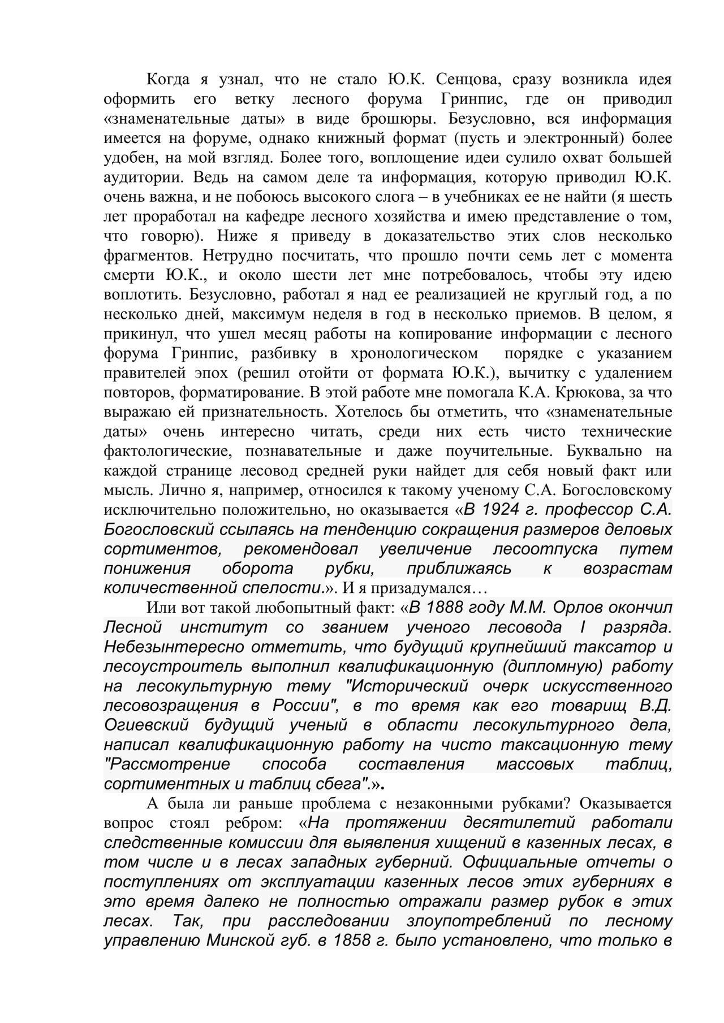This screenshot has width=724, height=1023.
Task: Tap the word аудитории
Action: (143, 177)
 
